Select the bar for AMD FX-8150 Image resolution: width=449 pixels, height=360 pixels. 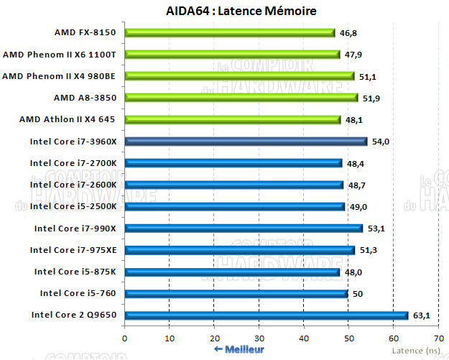pos(230,32)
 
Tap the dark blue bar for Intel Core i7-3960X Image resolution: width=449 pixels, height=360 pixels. pos(246,142)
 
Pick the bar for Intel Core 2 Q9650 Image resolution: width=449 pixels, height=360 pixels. pos(267,315)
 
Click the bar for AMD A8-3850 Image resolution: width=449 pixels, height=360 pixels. pos(241,98)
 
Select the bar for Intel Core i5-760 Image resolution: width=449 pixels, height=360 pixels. pos(236,293)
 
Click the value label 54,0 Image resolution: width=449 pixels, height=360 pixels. pos(379,142)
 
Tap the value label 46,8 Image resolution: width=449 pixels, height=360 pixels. pos(348,32)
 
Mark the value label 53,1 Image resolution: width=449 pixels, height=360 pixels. pos(376,229)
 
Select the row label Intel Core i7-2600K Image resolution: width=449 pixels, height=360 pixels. pos(74,185)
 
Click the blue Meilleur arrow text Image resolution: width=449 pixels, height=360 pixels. pos(239,349)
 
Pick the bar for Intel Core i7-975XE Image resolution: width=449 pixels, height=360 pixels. pos(239,250)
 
